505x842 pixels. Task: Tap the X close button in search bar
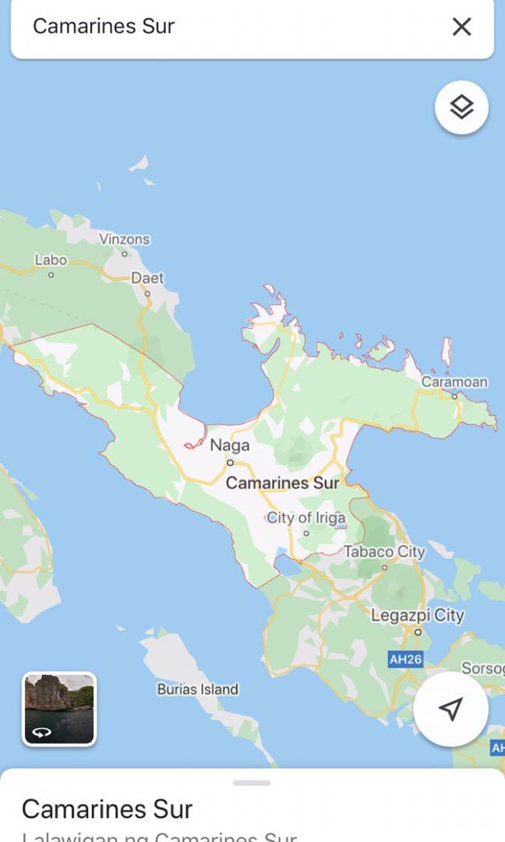[x=461, y=27]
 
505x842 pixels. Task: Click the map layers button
[x=461, y=107]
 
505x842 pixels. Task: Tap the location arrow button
[x=450, y=709]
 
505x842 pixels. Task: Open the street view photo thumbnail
[x=59, y=709]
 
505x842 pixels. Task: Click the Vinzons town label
[x=125, y=239]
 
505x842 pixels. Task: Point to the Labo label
[x=51, y=260]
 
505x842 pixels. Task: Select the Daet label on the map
[x=147, y=278]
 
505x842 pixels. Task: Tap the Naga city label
[x=230, y=445]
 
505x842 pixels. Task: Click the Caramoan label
[x=454, y=382]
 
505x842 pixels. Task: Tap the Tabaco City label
[x=384, y=552]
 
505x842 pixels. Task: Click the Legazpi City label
[x=417, y=615]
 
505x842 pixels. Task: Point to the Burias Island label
[x=198, y=689]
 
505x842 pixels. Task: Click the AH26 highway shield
[x=405, y=660]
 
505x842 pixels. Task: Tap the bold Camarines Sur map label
[x=282, y=483]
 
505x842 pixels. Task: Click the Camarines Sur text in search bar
[x=104, y=27]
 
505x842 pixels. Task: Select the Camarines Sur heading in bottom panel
[x=107, y=808]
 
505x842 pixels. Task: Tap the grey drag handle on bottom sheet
[x=252, y=783]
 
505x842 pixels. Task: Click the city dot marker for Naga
[x=230, y=462]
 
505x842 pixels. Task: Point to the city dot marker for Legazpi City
[x=418, y=631]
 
